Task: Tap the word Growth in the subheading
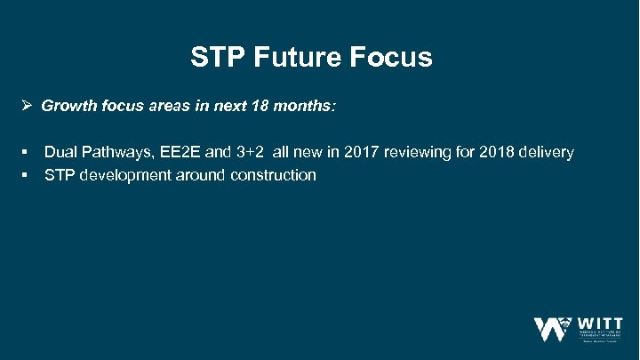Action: pos(68,107)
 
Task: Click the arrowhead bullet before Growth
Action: pos(28,107)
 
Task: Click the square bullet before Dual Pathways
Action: pos(28,153)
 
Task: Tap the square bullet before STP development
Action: pos(28,175)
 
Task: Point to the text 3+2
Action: pos(249,153)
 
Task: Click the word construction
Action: pos(273,175)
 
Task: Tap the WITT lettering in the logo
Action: pos(601,322)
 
